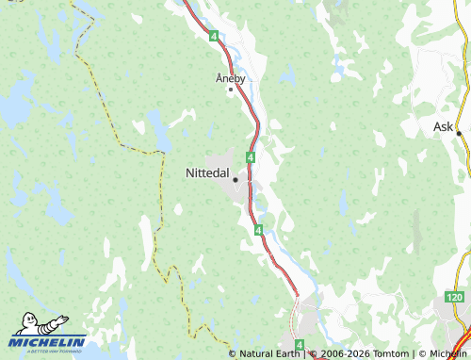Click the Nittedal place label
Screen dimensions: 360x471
point(207,173)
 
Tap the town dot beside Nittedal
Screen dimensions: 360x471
point(235,178)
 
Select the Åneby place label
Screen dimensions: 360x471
point(230,78)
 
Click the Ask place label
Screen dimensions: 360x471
point(443,126)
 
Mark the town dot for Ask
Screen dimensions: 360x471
point(459,133)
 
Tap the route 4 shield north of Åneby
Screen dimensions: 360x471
point(215,36)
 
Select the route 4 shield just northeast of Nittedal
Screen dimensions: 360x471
point(251,156)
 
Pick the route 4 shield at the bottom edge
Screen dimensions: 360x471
point(299,346)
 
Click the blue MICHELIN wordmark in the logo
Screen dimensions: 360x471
point(47,341)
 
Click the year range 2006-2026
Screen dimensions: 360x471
point(343,353)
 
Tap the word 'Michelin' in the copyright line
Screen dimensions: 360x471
point(447,353)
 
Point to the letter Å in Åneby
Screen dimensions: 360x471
point(219,78)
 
